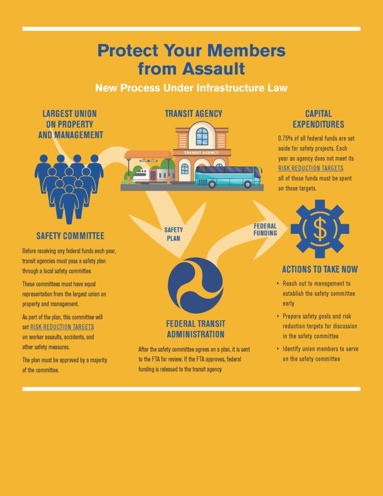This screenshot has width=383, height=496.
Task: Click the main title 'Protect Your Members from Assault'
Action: [191, 59]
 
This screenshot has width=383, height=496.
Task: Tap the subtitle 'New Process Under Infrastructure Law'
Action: [191, 88]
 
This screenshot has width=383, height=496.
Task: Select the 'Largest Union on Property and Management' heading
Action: [70, 124]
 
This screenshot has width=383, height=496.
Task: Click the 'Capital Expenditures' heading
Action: [318, 119]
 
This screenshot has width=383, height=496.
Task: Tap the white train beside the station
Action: [153, 176]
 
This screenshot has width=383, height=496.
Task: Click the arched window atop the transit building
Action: [202, 136]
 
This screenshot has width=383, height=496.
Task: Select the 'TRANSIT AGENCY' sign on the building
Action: [201, 153]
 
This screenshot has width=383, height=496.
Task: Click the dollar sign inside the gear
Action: [320, 229]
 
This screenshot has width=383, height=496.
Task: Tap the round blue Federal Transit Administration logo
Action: [195, 285]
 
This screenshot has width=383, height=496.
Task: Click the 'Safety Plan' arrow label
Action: [173, 234]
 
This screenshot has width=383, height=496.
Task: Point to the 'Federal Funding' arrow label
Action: [265, 230]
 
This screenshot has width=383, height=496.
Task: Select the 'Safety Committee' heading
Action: [70, 236]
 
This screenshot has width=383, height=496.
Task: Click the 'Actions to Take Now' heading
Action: [320, 269]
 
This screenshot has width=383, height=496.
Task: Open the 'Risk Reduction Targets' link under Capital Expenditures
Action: [310, 168]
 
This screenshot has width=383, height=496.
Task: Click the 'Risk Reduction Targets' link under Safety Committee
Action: [62, 327]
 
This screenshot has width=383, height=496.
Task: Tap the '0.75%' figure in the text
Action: [286, 139]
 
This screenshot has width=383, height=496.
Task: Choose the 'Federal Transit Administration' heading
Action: [196, 329]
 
